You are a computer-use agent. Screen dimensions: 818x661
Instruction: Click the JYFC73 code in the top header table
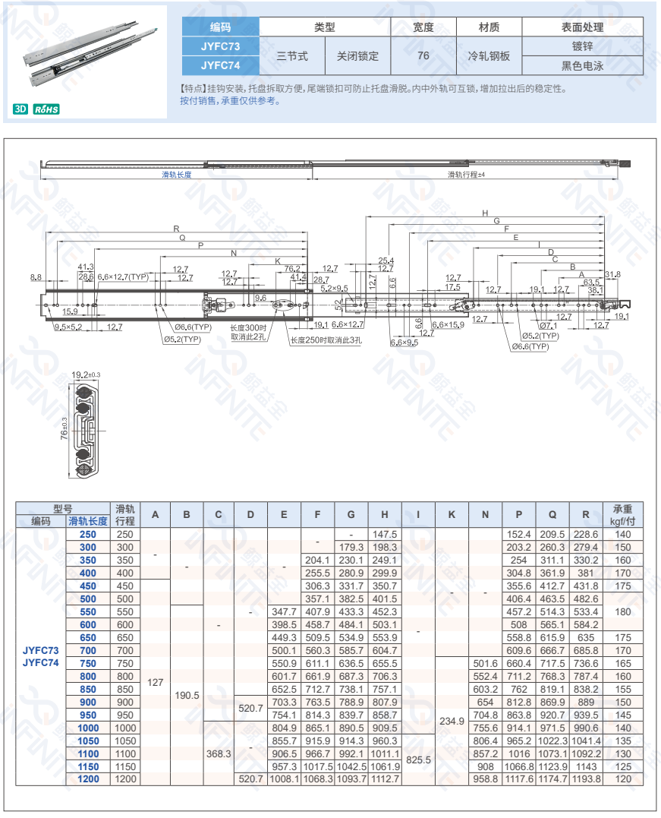pos(220,46)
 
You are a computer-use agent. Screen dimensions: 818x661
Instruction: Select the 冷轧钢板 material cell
pos(489,56)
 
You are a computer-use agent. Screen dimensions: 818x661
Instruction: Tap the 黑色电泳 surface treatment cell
pos(582,66)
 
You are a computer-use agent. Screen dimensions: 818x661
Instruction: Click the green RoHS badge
pos(46,109)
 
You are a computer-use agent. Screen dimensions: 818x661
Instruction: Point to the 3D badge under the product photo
pos(20,109)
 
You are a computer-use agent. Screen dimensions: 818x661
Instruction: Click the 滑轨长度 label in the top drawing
pos(176,175)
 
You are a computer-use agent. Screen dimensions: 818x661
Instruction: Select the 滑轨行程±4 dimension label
pos(466,175)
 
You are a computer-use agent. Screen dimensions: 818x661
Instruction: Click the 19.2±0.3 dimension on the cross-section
pos(86,375)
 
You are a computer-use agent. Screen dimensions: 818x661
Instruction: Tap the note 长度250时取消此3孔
pos(326,340)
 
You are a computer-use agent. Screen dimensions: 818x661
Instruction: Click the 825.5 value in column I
pos(418,759)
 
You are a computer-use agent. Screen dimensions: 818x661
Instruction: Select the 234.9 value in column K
pos(452,721)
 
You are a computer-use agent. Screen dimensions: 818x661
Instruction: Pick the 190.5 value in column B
pos(187,695)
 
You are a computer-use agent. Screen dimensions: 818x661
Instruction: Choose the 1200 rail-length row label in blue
pos(89,779)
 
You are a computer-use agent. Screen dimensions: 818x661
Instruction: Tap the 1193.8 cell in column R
pos(586,779)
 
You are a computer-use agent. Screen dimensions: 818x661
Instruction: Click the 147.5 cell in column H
pos(385,535)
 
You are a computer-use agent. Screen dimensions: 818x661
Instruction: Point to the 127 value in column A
pos(155,683)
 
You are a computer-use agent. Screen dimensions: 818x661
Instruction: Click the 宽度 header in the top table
pos(423,27)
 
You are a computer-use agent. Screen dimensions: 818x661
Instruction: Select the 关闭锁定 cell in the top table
pos(357,56)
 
